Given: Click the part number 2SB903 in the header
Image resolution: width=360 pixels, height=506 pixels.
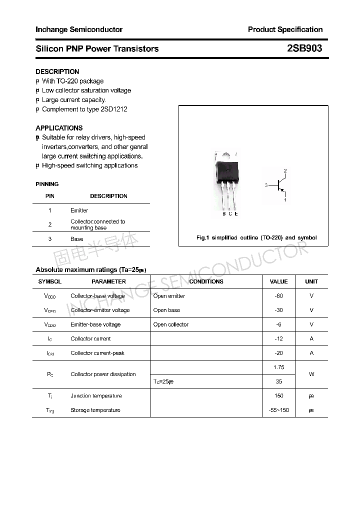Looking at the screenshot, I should point(304,48).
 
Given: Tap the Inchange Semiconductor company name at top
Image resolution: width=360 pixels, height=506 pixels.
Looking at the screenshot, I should point(79,29).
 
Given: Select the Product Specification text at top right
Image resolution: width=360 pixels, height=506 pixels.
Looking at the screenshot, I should point(285,29).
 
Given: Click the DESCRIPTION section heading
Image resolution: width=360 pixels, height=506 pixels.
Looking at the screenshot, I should point(57,71).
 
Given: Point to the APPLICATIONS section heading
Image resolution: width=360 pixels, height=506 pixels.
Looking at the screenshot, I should point(59,128).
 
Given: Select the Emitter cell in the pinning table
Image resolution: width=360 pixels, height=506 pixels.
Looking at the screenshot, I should point(79,210).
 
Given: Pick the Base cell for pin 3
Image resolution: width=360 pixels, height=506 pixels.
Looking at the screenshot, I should point(77,239).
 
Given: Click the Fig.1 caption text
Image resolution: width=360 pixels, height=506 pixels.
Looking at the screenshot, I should point(256,237).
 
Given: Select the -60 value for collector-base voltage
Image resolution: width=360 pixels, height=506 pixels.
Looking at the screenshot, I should point(278,296).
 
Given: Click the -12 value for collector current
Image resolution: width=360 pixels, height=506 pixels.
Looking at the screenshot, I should point(278,338).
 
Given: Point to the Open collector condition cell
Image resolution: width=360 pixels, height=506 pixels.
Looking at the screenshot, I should point(171,324).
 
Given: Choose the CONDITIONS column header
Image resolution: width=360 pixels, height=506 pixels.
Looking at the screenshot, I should point(206,281).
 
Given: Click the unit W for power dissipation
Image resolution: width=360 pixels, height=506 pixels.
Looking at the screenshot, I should point(311,374).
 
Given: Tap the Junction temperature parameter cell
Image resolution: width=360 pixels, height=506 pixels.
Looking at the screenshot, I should point(96,396).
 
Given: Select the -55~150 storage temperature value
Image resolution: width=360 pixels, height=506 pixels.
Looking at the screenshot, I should point(278,410).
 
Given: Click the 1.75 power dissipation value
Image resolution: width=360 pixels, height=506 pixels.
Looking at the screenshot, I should point(278,367).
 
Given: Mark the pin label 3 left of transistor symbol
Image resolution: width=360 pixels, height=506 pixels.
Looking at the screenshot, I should point(266,185).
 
